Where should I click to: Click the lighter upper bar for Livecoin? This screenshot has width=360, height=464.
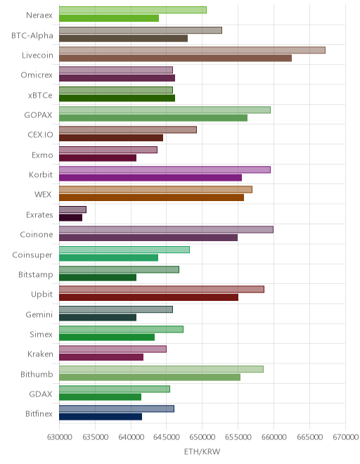(192, 50)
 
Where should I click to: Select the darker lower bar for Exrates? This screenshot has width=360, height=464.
(71, 218)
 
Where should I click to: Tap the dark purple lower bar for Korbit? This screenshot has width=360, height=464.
(150, 178)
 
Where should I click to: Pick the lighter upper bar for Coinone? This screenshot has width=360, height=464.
(166, 230)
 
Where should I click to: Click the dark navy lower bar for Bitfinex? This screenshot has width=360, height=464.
(101, 417)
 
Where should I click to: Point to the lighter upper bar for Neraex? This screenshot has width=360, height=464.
(133, 10)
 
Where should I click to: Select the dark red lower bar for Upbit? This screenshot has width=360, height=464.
(148, 297)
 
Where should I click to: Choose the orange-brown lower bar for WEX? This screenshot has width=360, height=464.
(152, 198)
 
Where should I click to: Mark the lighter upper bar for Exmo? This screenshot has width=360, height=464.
(108, 150)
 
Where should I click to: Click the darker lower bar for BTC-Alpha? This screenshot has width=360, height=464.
(124, 38)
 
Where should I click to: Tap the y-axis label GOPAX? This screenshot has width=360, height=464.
(38, 115)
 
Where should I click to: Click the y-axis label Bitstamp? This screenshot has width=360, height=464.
(36, 275)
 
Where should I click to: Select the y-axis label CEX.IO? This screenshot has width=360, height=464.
(40, 135)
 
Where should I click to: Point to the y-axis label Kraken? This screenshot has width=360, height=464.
(40, 354)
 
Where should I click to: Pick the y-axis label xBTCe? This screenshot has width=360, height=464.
(40, 95)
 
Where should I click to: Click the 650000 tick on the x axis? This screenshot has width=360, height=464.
(202, 437)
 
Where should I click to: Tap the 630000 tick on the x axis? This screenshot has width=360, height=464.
(60, 437)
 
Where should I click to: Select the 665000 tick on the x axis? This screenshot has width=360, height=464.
(309, 437)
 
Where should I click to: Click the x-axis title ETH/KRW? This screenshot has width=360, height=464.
(202, 451)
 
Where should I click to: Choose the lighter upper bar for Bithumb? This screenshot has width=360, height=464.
(161, 369)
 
